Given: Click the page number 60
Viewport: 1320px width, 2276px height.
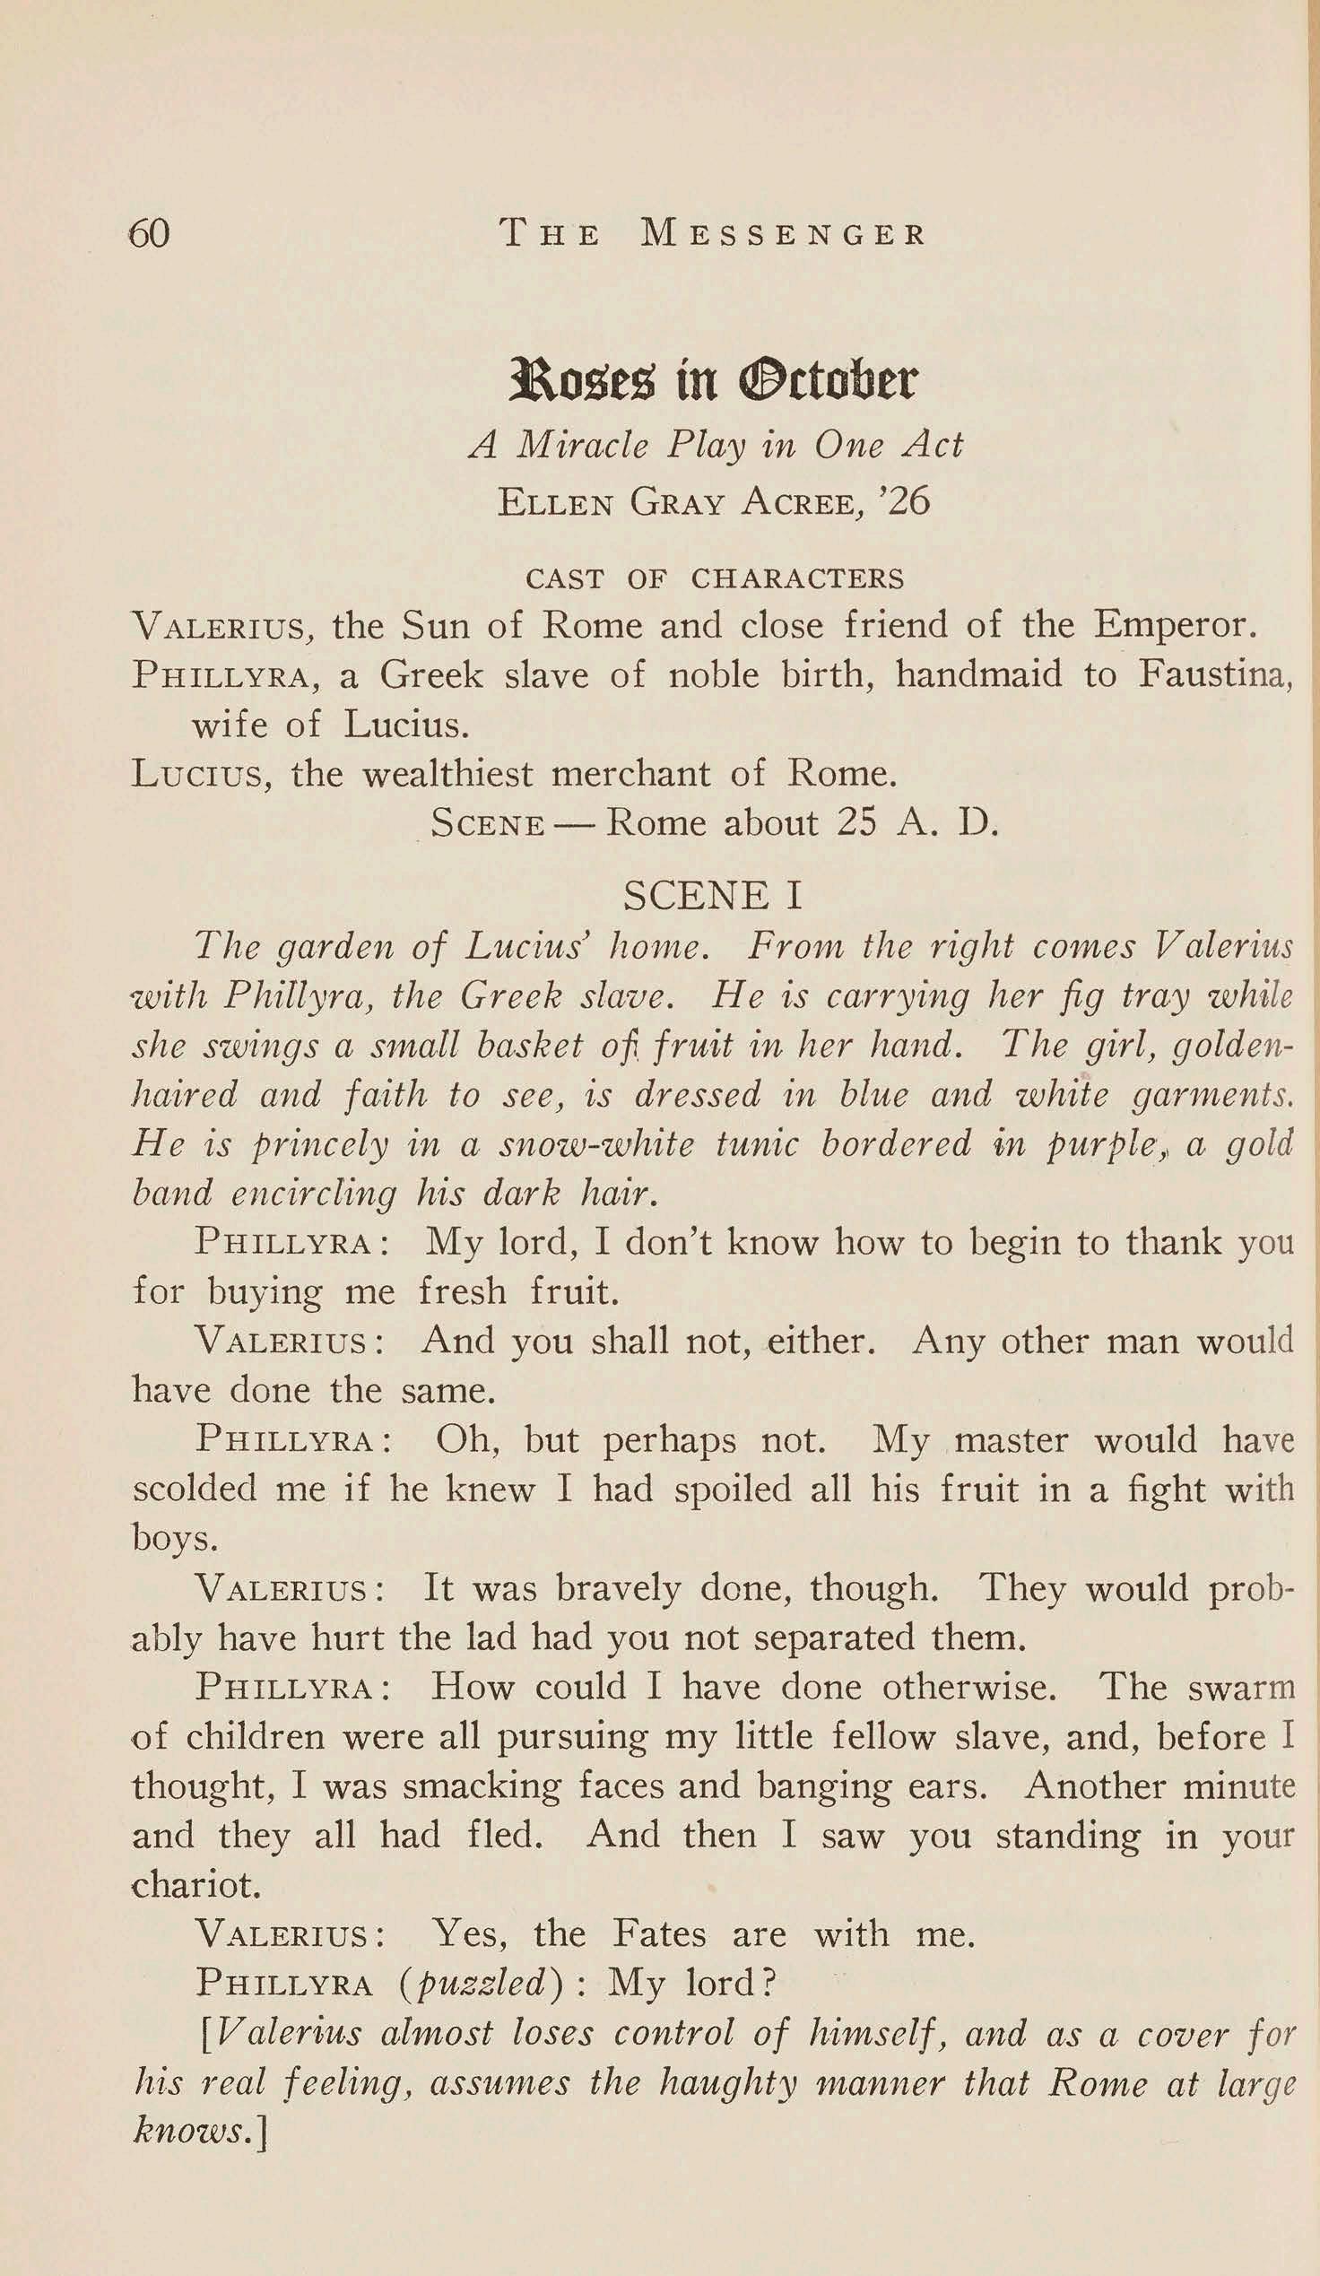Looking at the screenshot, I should click(x=149, y=234).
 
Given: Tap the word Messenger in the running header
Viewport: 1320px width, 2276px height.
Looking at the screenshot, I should click(x=783, y=235).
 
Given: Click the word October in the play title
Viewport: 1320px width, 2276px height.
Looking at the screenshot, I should click(x=828, y=381).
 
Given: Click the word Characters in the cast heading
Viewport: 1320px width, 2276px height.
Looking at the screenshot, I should click(x=797, y=578).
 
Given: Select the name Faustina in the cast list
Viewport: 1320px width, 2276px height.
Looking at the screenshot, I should click(x=1215, y=674).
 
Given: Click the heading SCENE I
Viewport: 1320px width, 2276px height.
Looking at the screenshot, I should click(x=712, y=895).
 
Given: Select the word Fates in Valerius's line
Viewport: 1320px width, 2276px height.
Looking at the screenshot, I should click(x=659, y=1933).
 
